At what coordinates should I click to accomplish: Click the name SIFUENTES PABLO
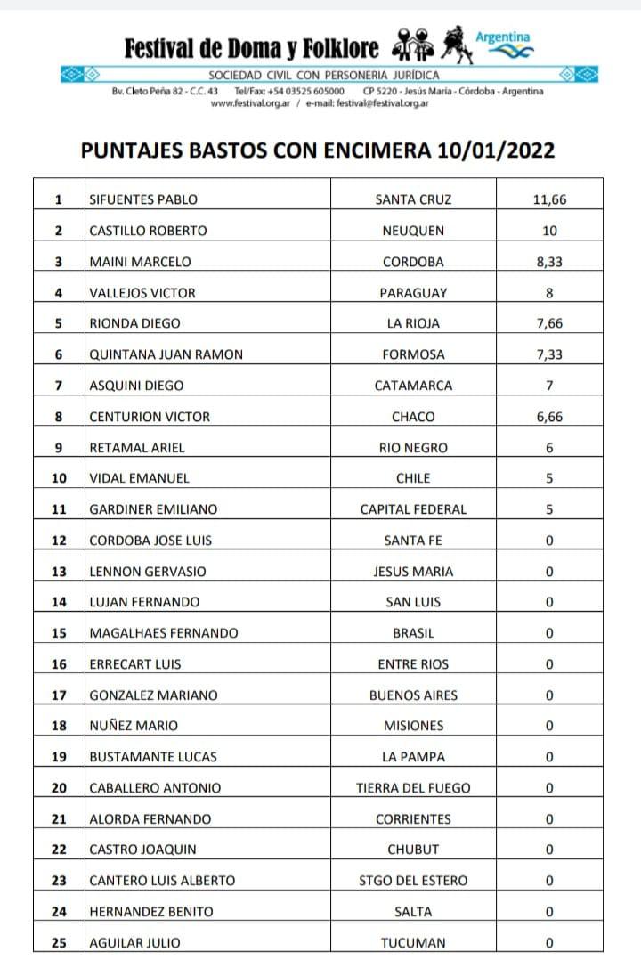(x=143, y=199)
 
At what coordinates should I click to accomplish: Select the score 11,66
(x=549, y=199)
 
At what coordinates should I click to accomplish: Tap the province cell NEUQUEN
(x=413, y=231)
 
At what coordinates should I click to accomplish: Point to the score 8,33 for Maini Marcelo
(x=549, y=262)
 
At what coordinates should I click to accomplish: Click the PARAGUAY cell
(x=413, y=293)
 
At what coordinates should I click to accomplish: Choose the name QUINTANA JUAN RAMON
(x=166, y=354)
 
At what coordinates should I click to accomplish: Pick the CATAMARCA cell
(x=413, y=386)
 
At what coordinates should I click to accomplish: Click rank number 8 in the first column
(x=59, y=417)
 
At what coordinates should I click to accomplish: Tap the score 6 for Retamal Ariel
(x=549, y=448)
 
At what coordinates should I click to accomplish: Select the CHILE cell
(x=413, y=478)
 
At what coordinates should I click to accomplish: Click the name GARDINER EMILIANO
(x=153, y=509)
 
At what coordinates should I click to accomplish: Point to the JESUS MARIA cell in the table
(x=413, y=572)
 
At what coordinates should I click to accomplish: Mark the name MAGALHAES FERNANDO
(x=164, y=633)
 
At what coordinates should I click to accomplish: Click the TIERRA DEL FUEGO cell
(x=413, y=788)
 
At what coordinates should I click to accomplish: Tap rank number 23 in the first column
(x=59, y=881)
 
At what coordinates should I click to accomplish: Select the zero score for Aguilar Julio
(x=549, y=942)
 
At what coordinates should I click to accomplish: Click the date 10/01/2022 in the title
(x=496, y=150)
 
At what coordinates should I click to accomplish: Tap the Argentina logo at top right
(x=503, y=45)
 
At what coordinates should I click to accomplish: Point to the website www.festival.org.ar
(x=247, y=103)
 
